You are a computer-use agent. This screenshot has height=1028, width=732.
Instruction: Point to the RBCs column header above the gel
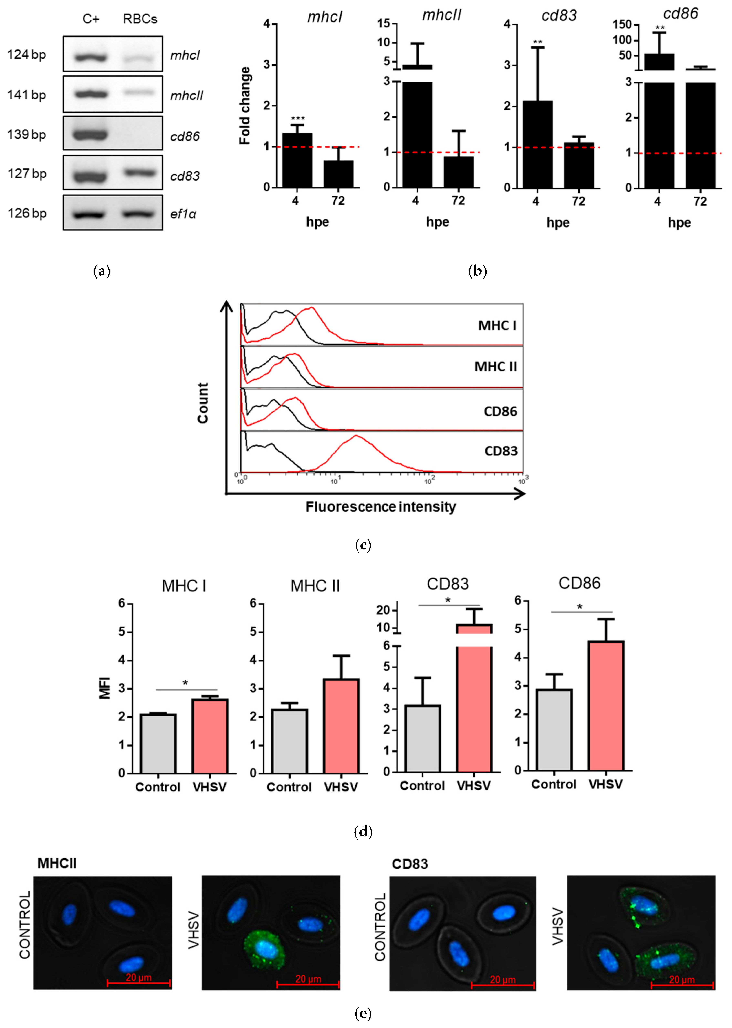[140, 19]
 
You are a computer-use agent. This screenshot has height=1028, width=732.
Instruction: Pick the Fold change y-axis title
[245, 106]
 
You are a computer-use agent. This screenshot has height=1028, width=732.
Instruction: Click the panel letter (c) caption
[363, 545]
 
